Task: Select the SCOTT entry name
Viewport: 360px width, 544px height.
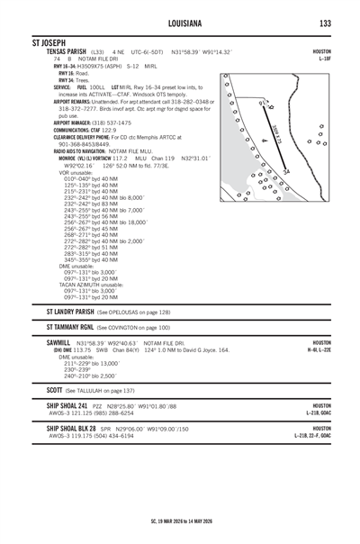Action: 56,390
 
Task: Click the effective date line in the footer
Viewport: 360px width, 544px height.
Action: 179,521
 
